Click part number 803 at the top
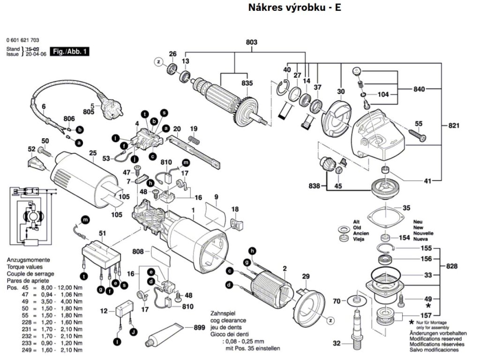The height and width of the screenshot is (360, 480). pos(252,43)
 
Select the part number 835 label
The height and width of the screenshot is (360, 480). pos(247,83)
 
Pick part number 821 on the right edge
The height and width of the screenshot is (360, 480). pos(454,126)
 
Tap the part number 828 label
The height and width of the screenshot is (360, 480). pos(451,266)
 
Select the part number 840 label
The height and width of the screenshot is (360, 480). pos(420,89)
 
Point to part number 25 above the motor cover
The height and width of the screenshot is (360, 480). pos(93,153)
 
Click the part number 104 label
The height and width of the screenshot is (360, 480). pos(383,95)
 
